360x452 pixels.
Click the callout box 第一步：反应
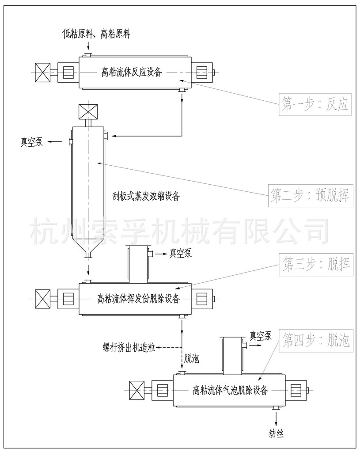tap(315, 104)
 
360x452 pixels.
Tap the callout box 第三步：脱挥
tap(315, 265)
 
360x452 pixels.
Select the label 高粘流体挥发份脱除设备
tap(138, 299)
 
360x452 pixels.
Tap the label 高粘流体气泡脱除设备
tap(231, 390)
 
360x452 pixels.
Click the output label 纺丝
tap(276, 433)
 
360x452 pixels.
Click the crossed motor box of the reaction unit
tap(43, 72)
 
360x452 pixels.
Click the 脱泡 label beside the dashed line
tap(192, 358)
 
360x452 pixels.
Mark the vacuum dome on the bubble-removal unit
tap(232, 354)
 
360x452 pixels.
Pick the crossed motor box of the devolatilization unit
tap(43, 298)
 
